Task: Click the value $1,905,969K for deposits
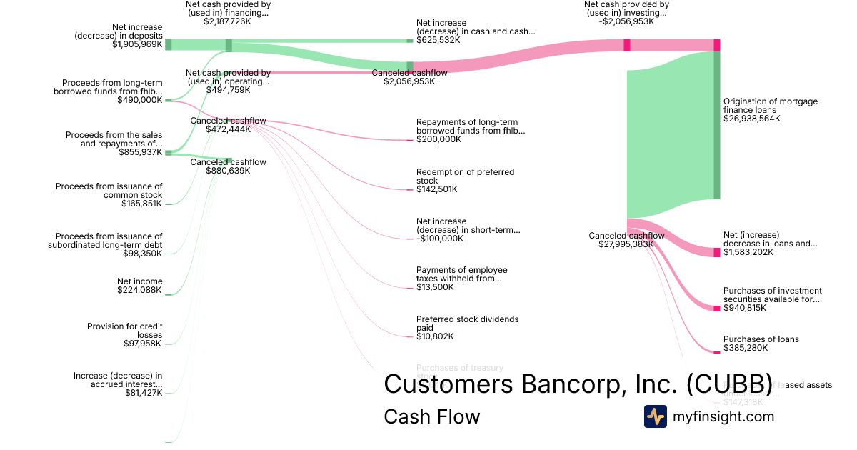point(137,44)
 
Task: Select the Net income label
point(140,281)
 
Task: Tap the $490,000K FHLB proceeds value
point(140,100)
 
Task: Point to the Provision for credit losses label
point(125,331)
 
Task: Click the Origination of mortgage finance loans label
point(770,106)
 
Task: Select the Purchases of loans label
point(761,339)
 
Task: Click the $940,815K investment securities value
point(745,308)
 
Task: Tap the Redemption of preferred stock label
point(465,176)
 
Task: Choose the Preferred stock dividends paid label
point(467,324)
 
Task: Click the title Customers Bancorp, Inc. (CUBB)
point(578,384)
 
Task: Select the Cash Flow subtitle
point(431,416)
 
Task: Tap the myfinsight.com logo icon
point(655,416)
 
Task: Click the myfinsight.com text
point(723,416)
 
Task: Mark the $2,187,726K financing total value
point(227,21)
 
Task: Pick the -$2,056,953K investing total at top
point(626,21)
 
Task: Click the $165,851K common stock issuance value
point(142,204)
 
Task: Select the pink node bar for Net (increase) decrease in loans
point(716,251)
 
